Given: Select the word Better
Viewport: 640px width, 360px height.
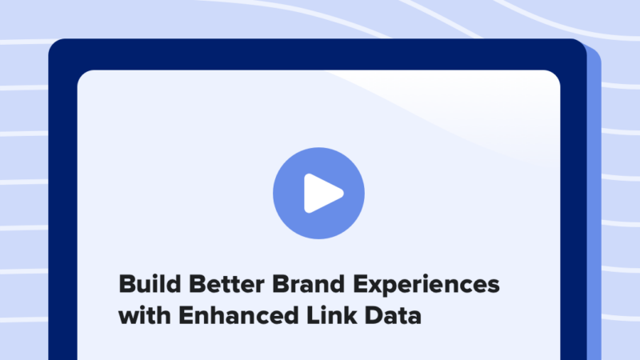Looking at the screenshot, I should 219,285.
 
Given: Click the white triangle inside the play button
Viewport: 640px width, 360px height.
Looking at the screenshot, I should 322,193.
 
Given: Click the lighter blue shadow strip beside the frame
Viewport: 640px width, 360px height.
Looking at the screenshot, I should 594,200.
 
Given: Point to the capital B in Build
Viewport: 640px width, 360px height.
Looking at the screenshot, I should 127,285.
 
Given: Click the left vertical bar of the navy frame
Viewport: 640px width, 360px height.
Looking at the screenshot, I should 62,216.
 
